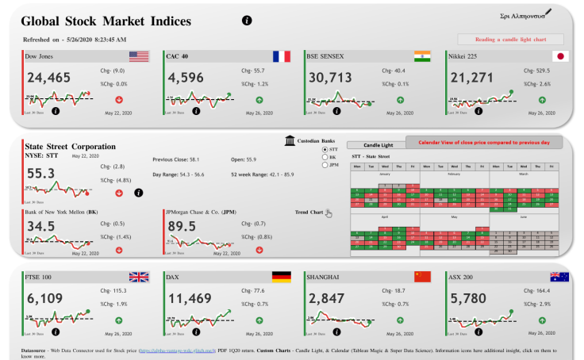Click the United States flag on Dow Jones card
(139, 56)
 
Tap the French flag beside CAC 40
(281, 56)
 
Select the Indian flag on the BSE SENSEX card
(422, 56)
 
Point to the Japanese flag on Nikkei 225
(560, 56)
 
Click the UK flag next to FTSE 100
(139, 277)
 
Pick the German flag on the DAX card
(281, 277)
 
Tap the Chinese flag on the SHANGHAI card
(422, 277)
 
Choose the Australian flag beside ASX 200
(560, 277)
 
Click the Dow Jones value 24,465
(48, 78)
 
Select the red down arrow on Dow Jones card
(118, 100)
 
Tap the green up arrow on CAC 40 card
(259, 100)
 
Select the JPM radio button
(325, 165)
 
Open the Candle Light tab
(378, 145)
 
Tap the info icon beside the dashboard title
(247, 20)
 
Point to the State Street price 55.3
(40, 173)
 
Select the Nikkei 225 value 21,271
(471, 78)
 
